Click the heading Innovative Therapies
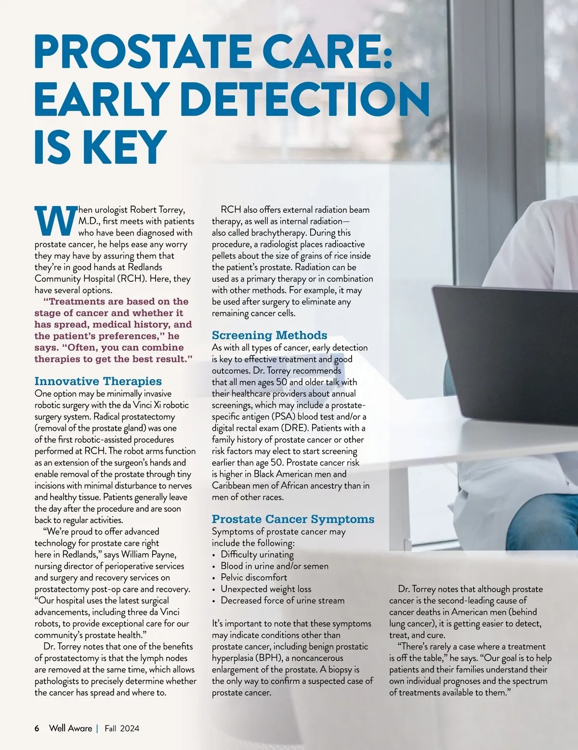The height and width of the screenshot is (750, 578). click(98, 381)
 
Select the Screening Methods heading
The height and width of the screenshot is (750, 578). click(269, 335)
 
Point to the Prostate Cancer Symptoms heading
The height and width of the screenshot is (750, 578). click(293, 519)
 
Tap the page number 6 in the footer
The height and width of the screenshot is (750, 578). click(37, 728)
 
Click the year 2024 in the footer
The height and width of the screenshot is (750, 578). click(130, 728)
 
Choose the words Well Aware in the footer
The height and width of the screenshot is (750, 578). click(70, 728)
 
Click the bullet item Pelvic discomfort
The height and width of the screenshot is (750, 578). click(254, 577)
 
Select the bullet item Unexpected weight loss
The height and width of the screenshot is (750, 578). click(266, 589)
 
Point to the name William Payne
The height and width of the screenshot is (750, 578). click(148, 555)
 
